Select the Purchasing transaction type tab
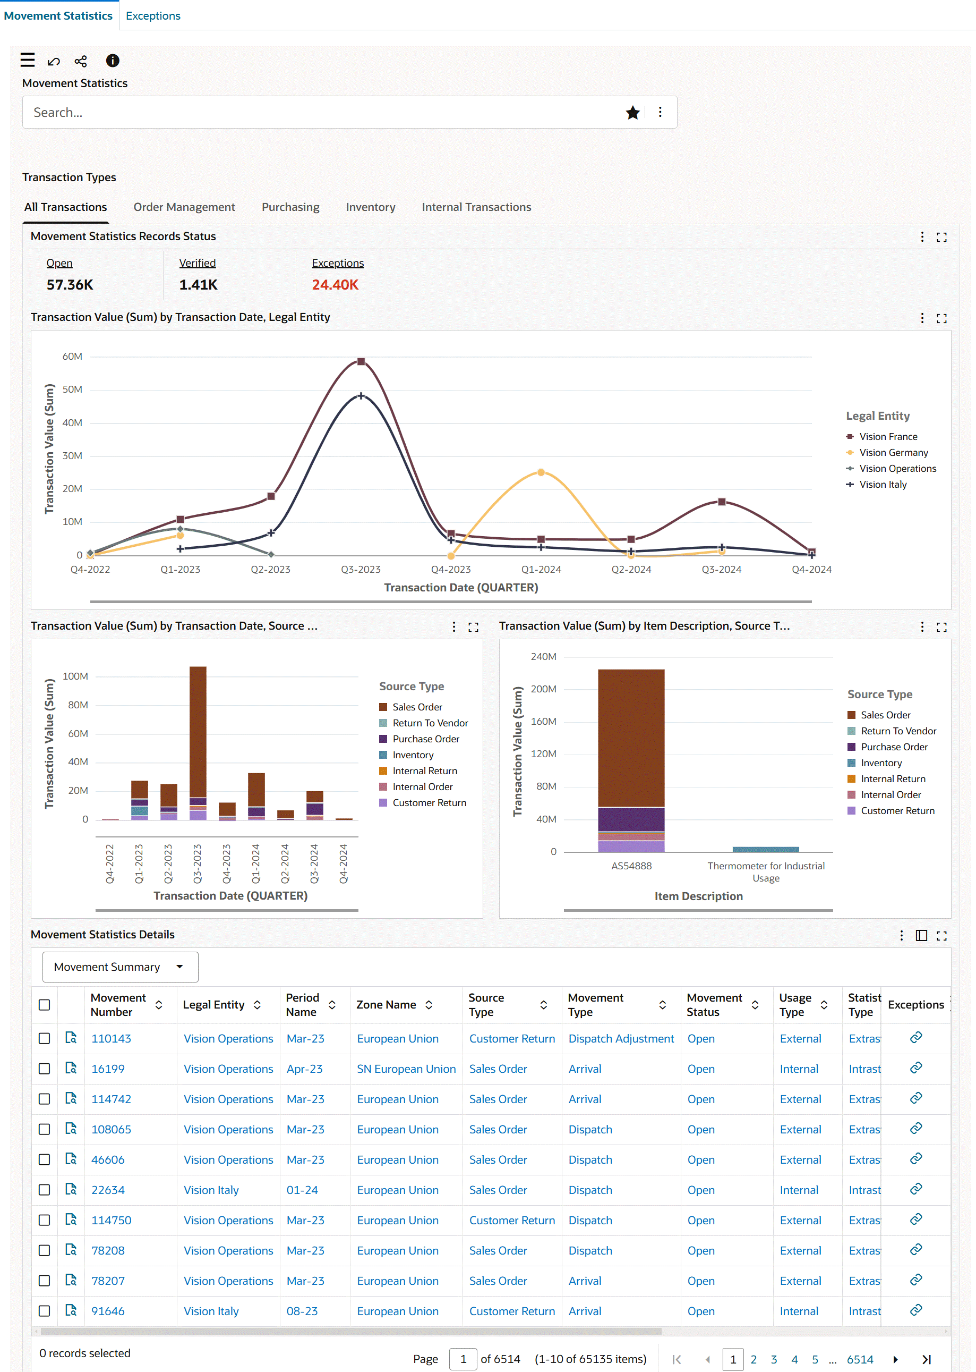click(290, 207)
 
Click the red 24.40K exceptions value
click(335, 285)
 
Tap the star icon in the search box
click(632, 113)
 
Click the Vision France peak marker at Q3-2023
click(361, 362)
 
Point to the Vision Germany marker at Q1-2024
click(541, 472)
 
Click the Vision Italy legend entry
click(882, 485)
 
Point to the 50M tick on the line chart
click(72, 389)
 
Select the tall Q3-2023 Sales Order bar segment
click(198, 731)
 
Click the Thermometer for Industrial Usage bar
click(765, 849)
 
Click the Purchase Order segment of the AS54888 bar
click(631, 819)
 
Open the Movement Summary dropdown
click(119, 967)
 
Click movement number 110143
click(111, 1038)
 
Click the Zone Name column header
click(386, 1005)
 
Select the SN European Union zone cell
click(406, 1069)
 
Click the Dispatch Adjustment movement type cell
click(621, 1038)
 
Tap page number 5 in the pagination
click(815, 1359)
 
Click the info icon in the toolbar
click(113, 61)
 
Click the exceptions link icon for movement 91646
click(915, 1309)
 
